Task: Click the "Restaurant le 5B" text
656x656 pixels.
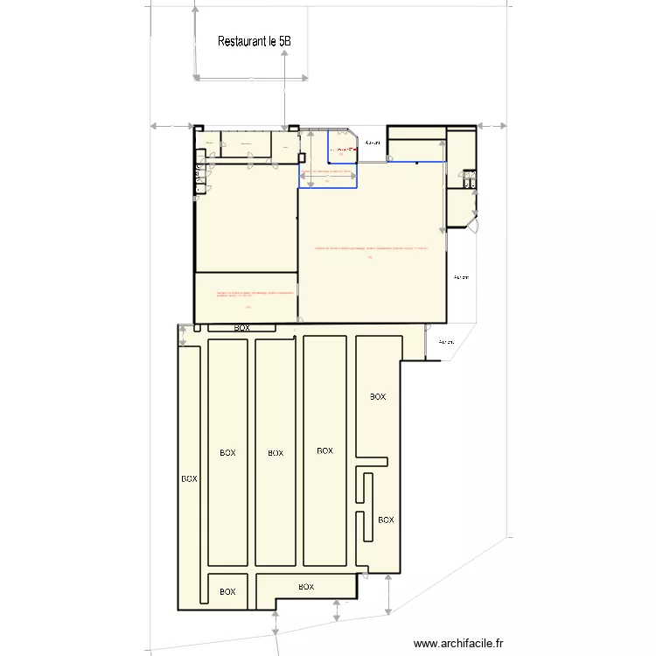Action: (x=254, y=41)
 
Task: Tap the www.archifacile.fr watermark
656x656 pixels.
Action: (x=459, y=643)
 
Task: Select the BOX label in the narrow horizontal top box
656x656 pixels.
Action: (x=241, y=328)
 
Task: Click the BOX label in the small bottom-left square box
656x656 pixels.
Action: (x=227, y=592)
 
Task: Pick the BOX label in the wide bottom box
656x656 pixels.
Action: (x=307, y=586)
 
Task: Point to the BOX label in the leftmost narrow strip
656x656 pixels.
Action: (x=189, y=479)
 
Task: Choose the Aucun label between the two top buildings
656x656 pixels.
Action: (x=373, y=143)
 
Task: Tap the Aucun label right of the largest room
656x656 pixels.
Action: (x=461, y=277)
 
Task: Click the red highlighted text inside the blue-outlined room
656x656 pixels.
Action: (x=347, y=150)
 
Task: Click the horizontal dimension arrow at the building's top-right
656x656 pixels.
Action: (x=492, y=127)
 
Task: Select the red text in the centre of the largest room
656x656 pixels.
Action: (x=371, y=249)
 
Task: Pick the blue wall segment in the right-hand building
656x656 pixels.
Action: (x=416, y=162)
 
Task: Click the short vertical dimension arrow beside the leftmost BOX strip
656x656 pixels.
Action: (x=182, y=335)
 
